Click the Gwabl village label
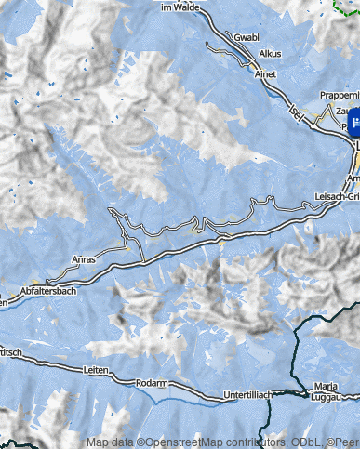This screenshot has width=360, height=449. click(x=247, y=38)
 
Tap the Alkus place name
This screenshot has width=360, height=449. click(x=271, y=55)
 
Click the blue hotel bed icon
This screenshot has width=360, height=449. click(x=354, y=122)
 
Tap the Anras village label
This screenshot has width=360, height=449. click(x=84, y=259)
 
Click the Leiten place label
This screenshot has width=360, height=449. click(x=97, y=369)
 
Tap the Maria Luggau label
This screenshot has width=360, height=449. click(x=326, y=391)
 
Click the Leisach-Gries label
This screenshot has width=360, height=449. click(x=339, y=197)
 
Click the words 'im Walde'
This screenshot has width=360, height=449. click(x=181, y=7)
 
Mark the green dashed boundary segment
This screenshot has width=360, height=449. click(x=346, y=6)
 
